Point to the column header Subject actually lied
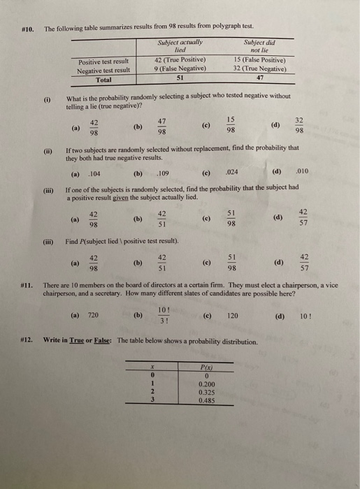[180, 47]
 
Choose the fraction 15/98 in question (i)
[231, 126]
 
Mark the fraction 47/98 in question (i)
[162, 126]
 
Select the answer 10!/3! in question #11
[163, 316]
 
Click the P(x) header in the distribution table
[207, 368]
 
